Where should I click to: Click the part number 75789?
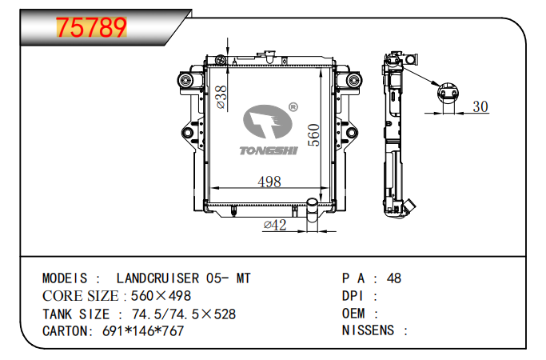click(x=91, y=27)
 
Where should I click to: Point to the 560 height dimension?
click(x=314, y=134)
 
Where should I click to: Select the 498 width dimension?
click(x=269, y=182)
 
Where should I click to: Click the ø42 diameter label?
click(x=274, y=226)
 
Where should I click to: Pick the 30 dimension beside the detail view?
click(x=480, y=106)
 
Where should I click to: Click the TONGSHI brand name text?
click(x=268, y=149)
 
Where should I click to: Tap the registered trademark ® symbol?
click(x=293, y=106)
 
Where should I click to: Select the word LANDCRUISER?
click(x=158, y=278)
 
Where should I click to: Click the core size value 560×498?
click(x=161, y=296)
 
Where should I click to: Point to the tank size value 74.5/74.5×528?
click(x=183, y=314)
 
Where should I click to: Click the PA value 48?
click(x=393, y=278)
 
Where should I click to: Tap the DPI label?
click(x=353, y=296)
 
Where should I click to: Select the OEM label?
click(x=354, y=314)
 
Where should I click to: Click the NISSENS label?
click(x=369, y=331)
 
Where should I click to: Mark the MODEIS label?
click(x=66, y=278)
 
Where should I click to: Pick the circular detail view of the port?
click(x=448, y=94)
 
